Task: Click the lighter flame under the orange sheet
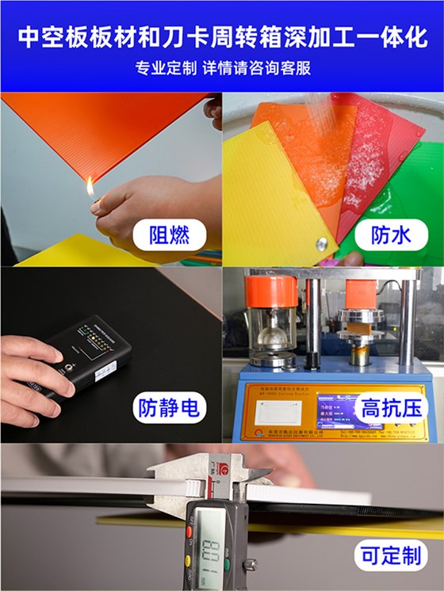(90, 188)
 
